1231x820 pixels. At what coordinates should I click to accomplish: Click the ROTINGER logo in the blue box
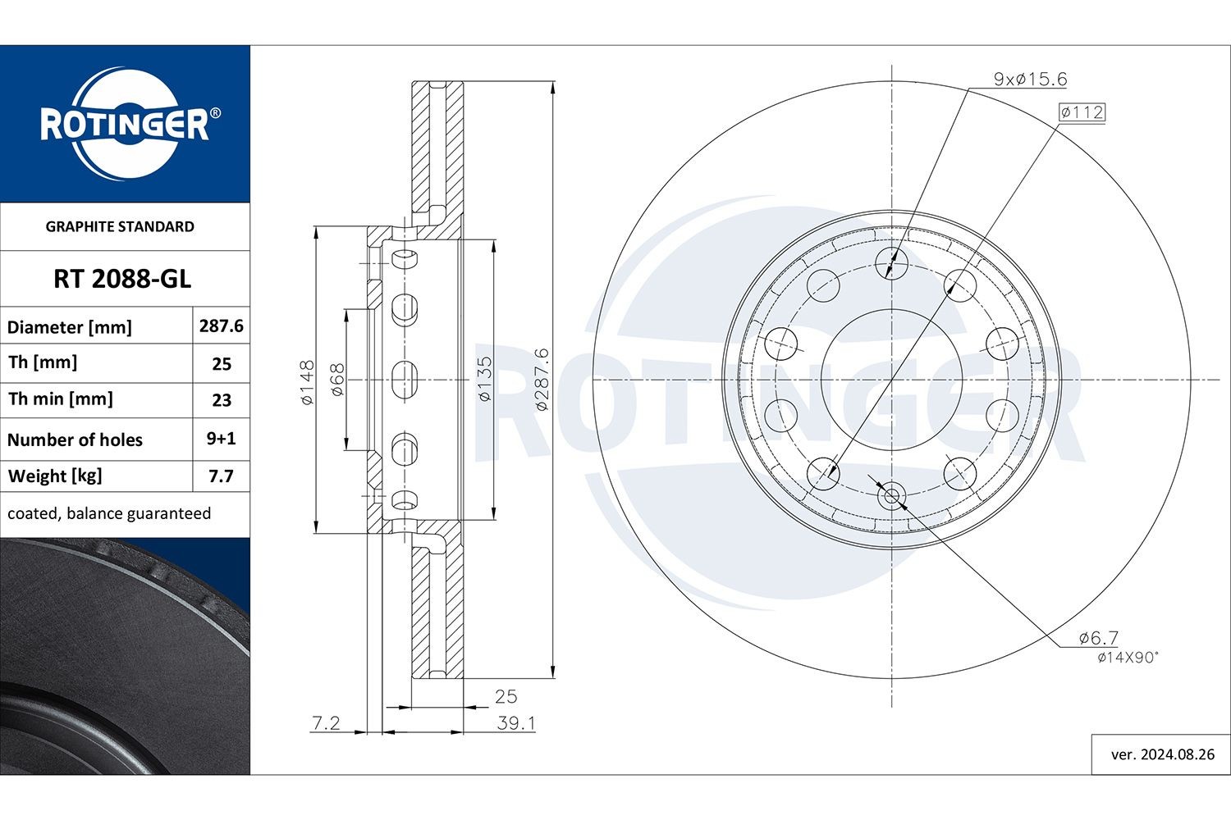[125, 124]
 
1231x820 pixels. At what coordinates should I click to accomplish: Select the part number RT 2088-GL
[122, 280]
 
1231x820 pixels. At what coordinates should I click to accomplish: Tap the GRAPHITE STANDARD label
[120, 227]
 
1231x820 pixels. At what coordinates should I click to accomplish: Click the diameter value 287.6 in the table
[221, 326]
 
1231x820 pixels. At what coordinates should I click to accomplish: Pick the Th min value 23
[222, 400]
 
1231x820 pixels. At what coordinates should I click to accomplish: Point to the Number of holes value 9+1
[221, 439]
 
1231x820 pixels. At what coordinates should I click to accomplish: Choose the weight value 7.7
[221, 476]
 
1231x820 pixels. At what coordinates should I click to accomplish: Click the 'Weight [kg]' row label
[55, 476]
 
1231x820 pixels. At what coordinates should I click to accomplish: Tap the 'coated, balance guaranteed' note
[109, 513]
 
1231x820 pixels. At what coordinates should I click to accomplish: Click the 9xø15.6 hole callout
[1030, 80]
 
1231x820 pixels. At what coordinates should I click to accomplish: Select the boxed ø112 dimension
[1082, 112]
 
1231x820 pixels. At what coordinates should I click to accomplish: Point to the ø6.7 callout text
[1099, 637]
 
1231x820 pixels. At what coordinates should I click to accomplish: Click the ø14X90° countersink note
[1128, 657]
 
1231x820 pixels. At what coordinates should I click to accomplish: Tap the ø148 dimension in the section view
[307, 381]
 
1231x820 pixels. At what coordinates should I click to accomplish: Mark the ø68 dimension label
[336, 380]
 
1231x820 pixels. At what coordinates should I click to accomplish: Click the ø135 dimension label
[484, 378]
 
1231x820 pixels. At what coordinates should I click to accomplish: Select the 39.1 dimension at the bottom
[516, 723]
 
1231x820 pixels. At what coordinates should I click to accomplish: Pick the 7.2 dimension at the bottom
[326, 723]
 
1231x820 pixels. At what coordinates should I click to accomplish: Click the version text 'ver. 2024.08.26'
[1162, 754]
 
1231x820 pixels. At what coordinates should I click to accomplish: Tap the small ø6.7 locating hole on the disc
[891, 495]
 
